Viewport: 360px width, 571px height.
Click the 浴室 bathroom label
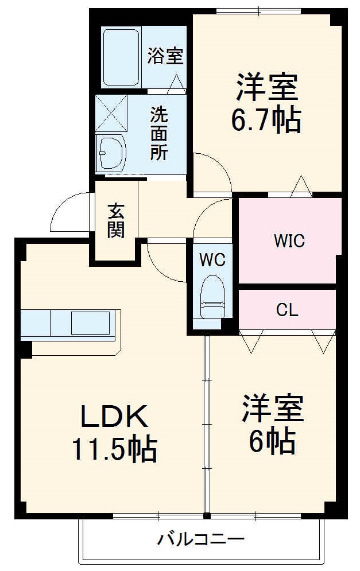[165, 56]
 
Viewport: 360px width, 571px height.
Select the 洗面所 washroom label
[159, 133]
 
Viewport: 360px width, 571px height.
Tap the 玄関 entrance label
[115, 220]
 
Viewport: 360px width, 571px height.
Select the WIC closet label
[288, 240]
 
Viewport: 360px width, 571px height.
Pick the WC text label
[212, 259]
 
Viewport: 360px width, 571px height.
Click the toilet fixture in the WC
[212, 296]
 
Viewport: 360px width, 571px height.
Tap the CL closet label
[287, 310]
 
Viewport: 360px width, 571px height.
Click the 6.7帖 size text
[266, 120]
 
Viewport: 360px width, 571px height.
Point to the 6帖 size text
[272, 440]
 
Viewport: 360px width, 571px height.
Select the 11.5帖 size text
[114, 449]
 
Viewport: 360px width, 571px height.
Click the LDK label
[114, 417]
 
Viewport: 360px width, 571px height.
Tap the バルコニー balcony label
[201, 539]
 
